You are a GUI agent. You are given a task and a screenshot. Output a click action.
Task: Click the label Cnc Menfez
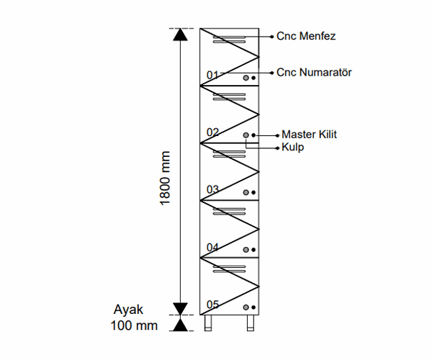pos(306,36)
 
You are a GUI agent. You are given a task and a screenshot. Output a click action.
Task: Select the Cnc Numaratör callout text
pos(314,73)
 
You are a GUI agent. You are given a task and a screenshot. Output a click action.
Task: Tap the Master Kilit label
pos(309,135)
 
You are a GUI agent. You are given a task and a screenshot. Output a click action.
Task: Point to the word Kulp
pos(292,148)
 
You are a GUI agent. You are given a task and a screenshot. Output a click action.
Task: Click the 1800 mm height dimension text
pos(165,179)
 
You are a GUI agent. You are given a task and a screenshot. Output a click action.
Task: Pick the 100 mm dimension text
pos(134,325)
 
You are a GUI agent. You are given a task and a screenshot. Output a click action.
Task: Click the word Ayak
pos(128,310)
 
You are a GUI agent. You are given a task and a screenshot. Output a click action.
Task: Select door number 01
pos(212,75)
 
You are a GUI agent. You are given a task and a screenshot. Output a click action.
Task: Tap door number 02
pos(212,132)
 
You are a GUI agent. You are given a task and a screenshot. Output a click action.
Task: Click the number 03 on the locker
pos(212,189)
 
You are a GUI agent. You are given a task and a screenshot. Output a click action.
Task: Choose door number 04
pos(212,247)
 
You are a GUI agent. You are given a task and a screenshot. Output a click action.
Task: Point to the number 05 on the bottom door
pos(212,305)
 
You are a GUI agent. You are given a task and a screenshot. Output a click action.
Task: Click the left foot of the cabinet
pos(208,323)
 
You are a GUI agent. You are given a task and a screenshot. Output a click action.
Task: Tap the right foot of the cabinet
pos(251,323)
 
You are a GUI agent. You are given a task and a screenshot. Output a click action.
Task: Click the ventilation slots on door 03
pos(229,154)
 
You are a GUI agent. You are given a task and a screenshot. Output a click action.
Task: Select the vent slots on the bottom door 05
pos(229,269)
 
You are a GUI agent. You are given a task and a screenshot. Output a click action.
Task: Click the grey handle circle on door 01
pos(246,78)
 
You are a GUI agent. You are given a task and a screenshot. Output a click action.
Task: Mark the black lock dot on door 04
pos(253,250)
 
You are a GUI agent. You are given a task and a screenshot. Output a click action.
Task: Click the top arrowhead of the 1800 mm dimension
pos(180,35)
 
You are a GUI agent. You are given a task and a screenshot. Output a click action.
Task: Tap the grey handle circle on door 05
pos(246,307)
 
